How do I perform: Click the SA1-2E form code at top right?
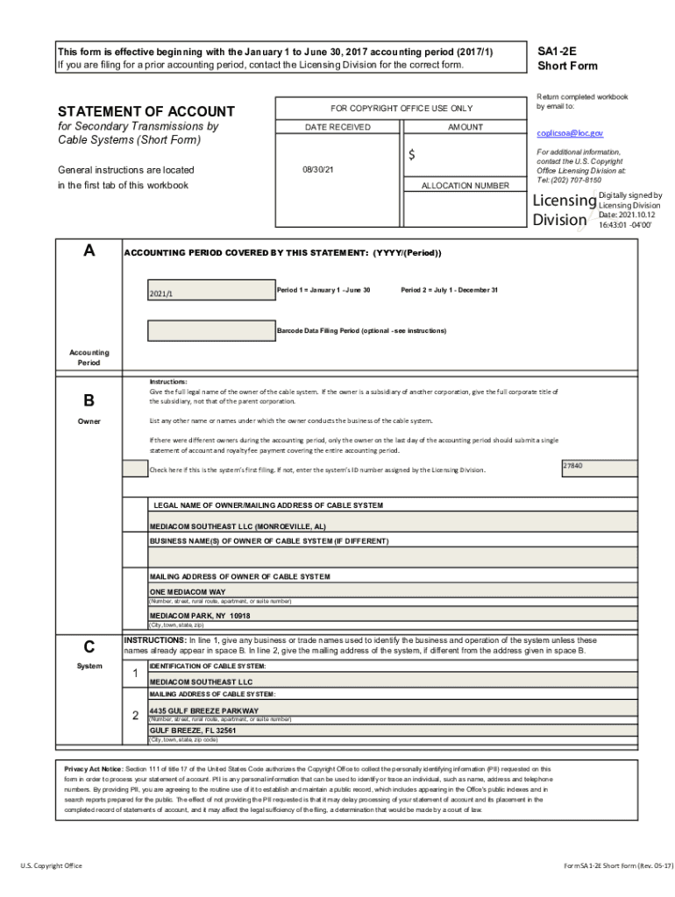(556, 52)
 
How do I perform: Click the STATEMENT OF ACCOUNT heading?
(146, 111)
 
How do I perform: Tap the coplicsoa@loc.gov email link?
(570, 133)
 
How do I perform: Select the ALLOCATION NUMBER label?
(465, 186)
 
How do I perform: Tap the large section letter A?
(89, 251)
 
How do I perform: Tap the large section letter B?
(89, 400)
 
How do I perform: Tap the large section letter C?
(89, 647)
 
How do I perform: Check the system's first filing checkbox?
(135, 470)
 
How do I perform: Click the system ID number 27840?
(573, 466)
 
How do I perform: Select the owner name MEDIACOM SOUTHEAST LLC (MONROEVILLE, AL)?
(238, 526)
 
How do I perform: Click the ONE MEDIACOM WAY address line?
(187, 592)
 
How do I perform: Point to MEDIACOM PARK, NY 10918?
(199, 616)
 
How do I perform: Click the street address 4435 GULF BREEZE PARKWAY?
(204, 710)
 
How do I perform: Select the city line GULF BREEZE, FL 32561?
(193, 730)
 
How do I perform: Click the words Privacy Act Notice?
(93, 768)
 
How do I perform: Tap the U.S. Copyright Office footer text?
(52, 865)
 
